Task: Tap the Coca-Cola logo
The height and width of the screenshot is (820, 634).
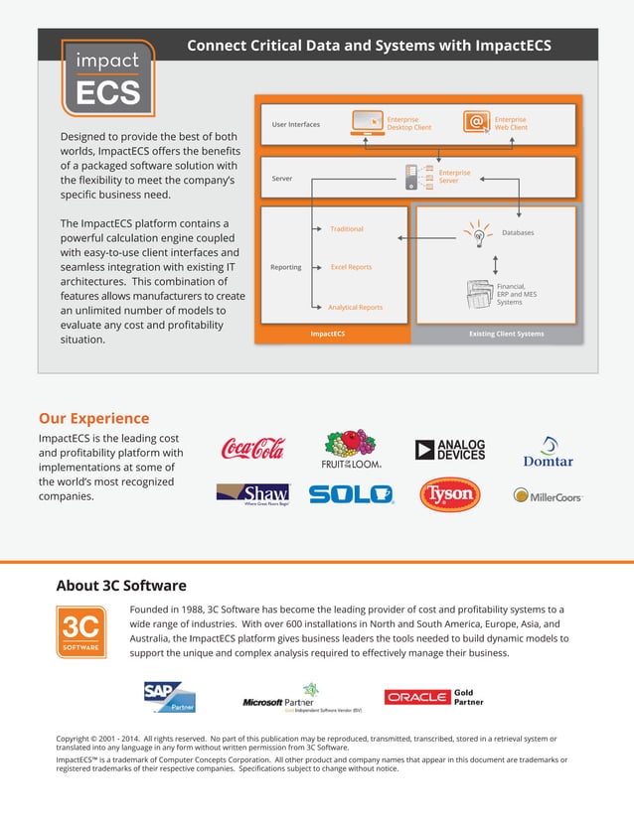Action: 252,449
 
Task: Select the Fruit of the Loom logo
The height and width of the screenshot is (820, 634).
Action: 352,449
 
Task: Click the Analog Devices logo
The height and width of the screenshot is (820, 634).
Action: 450,449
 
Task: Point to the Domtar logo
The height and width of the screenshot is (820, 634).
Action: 548,452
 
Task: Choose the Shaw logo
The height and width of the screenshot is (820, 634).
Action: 252,493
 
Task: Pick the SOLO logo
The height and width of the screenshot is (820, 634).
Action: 351,494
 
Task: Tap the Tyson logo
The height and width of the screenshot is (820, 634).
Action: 449,494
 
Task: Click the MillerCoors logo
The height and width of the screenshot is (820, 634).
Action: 548,494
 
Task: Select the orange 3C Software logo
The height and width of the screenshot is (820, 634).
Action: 80,631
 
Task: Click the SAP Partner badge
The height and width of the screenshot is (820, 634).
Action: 170,696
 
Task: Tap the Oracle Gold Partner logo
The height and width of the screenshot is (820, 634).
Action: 434,697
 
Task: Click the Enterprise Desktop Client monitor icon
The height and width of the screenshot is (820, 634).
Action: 367,122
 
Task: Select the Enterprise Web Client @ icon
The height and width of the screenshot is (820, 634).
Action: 477,122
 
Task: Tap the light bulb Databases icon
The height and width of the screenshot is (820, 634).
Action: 478,234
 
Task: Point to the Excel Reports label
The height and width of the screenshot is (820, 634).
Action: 351,267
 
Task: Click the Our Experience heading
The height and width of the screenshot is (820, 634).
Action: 93,418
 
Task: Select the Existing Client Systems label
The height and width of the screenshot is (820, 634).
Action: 506,334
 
